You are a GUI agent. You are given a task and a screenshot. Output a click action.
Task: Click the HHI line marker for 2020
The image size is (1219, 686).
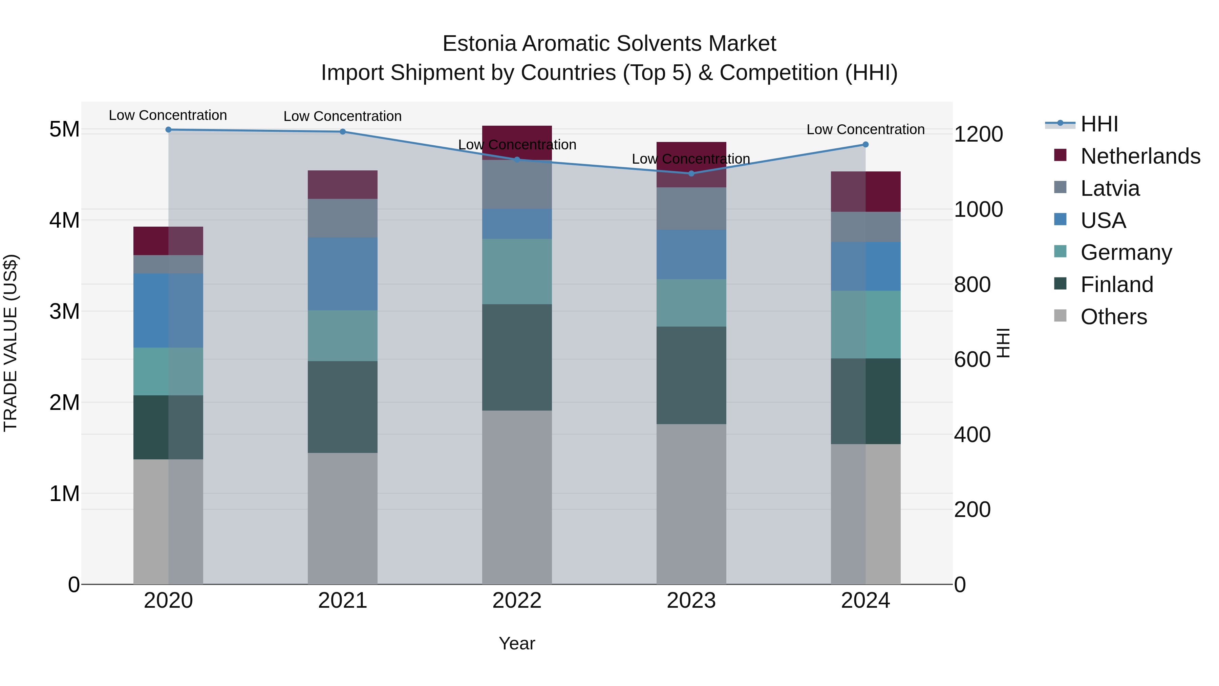(169, 129)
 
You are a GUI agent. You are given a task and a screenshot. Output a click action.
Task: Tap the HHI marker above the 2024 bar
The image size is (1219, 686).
(865, 144)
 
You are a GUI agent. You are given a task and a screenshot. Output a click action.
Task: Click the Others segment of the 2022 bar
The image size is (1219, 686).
(517, 497)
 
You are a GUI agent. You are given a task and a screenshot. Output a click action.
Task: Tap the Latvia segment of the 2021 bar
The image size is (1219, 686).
(343, 218)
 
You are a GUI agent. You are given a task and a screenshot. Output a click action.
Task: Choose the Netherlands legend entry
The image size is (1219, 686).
(1140, 156)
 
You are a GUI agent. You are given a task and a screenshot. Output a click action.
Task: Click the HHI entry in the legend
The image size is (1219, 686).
(1099, 124)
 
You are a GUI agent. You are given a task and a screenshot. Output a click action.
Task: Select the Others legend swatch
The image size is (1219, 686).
(1061, 316)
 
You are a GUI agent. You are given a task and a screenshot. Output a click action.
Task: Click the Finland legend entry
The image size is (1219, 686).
(1116, 285)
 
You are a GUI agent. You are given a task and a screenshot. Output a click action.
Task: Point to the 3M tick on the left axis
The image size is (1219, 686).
(64, 312)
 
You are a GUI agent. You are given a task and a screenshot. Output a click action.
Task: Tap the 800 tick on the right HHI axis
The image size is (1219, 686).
(972, 285)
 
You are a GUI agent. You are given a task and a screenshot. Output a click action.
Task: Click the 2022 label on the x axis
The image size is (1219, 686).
(517, 601)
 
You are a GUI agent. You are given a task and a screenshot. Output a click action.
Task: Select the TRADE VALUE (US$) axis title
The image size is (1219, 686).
(10, 343)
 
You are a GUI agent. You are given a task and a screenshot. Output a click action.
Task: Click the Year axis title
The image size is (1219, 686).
(517, 643)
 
